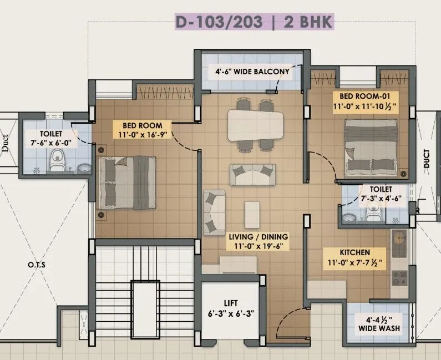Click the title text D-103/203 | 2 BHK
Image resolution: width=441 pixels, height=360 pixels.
point(254,23)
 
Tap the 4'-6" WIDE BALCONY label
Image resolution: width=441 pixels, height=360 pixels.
point(252,71)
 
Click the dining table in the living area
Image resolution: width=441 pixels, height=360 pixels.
point(255,124)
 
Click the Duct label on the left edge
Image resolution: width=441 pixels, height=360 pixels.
point(5,144)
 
